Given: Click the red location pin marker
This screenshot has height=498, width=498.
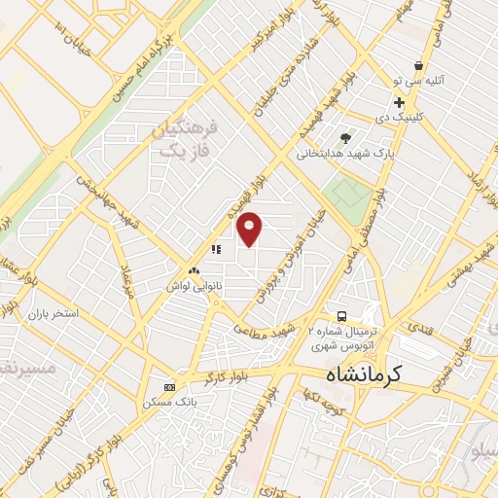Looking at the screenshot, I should click(x=250, y=229).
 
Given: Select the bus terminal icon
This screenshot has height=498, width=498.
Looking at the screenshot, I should click(x=341, y=316).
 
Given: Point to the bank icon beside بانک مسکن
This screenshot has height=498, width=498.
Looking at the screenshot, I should click(x=170, y=387).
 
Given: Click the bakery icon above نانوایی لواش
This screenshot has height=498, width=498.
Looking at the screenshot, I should click(x=195, y=271).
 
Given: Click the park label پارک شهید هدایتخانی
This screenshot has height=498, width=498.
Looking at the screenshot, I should click(x=346, y=153).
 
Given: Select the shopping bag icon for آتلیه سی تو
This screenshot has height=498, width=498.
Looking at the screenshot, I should click(x=418, y=65).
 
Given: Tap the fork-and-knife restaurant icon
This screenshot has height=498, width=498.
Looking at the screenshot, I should click(x=215, y=249).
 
